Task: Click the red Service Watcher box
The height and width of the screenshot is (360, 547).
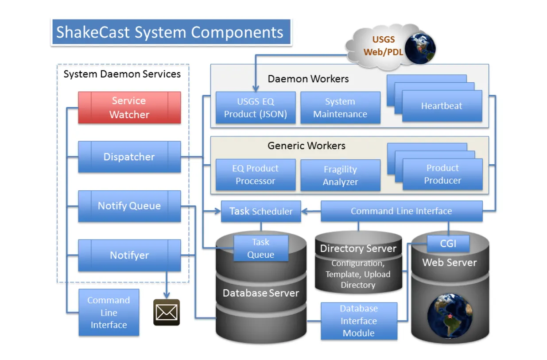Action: click(x=129, y=108)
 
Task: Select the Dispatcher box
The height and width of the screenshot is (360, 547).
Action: click(x=129, y=157)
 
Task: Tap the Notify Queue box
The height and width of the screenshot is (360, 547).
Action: click(x=129, y=206)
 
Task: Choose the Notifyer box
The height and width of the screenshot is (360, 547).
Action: click(x=129, y=255)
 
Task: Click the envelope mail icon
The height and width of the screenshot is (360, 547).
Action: click(x=167, y=312)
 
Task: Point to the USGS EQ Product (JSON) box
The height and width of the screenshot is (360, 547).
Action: click(x=256, y=108)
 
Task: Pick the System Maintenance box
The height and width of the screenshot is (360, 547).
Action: click(x=340, y=108)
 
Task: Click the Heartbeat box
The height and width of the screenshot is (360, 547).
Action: click(x=442, y=106)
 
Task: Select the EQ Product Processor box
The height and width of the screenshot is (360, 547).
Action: click(x=256, y=175)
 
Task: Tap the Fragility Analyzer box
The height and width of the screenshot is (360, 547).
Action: click(x=340, y=175)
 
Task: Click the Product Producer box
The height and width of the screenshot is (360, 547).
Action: click(x=442, y=174)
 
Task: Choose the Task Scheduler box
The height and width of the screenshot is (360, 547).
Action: click(x=261, y=211)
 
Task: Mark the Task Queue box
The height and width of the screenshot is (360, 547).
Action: click(x=261, y=248)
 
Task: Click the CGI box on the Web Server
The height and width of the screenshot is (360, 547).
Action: click(x=448, y=243)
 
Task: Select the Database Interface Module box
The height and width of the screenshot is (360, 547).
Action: click(x=359, y=321)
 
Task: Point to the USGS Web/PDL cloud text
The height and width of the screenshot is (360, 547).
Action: click(x=383, y=46)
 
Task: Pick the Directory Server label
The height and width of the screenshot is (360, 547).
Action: click(x=358, y=248)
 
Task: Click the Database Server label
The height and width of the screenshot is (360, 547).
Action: click(x=261, y=293)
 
